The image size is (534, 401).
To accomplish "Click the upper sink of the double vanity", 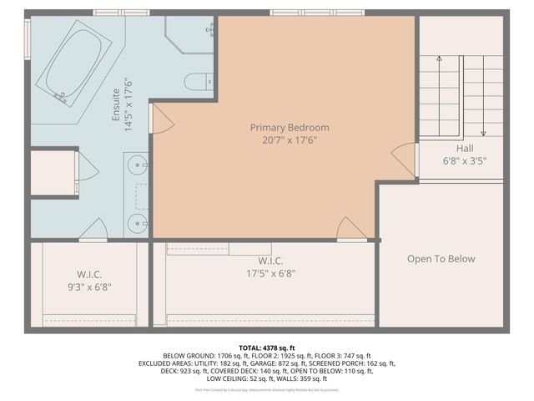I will click(x=138, y=165).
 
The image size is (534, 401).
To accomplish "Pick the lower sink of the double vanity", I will click(x=138, y=221).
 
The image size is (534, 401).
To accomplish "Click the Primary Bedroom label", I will click(x=290, y=128).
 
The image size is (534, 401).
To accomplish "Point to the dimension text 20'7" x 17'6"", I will click(x=290, y=140).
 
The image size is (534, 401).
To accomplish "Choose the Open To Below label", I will click(x=441, y=259).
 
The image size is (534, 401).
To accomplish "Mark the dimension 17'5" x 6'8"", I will click(x=270, y=273).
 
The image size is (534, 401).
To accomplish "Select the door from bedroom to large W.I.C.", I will click(x=351, y=230).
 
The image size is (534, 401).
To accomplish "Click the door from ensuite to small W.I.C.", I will click(x=93, y=230).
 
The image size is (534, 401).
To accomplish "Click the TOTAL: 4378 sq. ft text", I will click(x=267, y=348).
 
